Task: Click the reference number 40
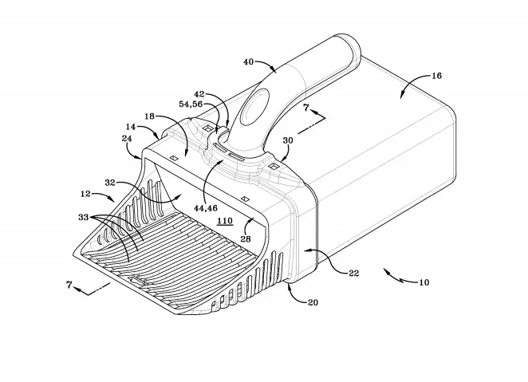[248, 62]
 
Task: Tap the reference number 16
[436, 76]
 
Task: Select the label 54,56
[191, 104]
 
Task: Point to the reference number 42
[199, 95]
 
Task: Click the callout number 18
[149, 116]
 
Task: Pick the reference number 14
[131, 127]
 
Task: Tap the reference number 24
[127, 138]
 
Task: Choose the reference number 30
[288, 140]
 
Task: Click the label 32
[110, 183]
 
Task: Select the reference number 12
[85, 194]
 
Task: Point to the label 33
[84, 218]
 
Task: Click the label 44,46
[206, 208]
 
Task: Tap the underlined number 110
[225, 221]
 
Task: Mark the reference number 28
[246, 239]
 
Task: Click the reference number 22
[353, 273]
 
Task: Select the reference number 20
[313, 302]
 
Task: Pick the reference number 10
[424, 282]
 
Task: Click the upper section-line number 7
[305, 108]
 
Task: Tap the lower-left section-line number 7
[69, 285]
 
